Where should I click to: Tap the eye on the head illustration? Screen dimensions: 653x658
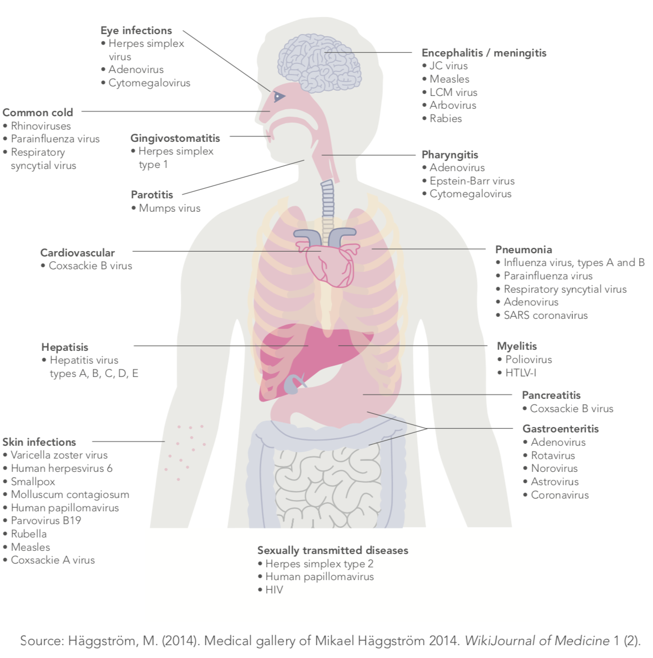click(278, 97)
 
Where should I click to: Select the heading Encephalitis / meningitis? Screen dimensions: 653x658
click(483, 53)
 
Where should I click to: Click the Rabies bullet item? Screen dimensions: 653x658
click(445, 118)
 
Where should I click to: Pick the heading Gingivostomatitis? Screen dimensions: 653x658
click(175, 138)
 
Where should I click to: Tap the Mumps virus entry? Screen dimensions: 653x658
click(169, 208)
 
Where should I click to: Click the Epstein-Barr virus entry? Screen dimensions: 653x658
click(472, 181)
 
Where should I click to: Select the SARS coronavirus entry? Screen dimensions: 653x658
click(545, 315)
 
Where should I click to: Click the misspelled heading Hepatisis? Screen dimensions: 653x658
click(65, 347)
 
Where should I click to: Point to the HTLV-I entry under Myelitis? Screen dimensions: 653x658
click(520, 373)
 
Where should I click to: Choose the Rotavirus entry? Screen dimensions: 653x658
click(552, 455)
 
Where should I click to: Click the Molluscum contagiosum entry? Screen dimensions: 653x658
click(69, 494)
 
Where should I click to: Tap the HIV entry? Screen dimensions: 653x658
click(274, 590)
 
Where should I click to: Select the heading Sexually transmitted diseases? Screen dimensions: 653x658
click(332, 550)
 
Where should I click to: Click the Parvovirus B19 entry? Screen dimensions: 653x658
click(45, 520)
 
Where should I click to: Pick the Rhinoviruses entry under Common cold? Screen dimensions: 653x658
click(41, 126)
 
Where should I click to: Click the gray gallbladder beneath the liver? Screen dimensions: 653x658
click(293, 383)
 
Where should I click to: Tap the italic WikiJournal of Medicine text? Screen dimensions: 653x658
click(537, 640)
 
